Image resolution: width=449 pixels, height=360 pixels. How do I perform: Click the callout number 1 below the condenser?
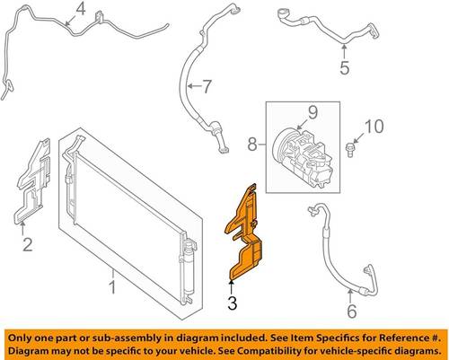coord(112,287)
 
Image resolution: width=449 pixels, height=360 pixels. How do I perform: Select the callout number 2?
coord(28,244)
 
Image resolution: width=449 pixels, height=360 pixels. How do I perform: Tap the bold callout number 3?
coord(233,303)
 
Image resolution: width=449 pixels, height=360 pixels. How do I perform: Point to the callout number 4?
coord(80,9)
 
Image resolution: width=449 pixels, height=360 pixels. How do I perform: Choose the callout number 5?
coord(345,67)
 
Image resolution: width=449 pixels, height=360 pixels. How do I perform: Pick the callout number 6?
coord(352,311)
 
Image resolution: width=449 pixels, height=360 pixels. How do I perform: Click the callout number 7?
coord(207,86)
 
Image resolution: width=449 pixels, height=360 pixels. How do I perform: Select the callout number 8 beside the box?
coord(252,145)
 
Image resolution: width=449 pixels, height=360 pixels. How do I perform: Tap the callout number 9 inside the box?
coord(313,113)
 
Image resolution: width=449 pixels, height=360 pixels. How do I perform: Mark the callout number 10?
coord(374,126)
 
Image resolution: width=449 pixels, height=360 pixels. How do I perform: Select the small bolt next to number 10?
coord(349,150)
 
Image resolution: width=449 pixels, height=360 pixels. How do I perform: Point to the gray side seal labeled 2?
coord(32,181)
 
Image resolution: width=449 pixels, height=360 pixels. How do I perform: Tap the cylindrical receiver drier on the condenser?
coord(189,266)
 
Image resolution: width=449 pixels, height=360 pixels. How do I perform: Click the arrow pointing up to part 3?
coord(231,287)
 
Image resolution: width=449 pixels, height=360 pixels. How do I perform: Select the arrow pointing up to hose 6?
coord(350,297)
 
